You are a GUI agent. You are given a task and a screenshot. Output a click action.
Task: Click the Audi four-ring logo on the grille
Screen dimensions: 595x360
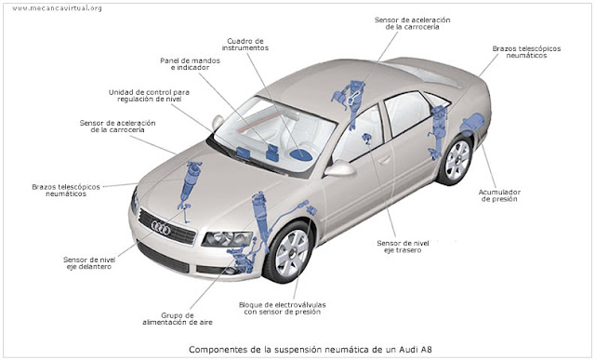point(161,228)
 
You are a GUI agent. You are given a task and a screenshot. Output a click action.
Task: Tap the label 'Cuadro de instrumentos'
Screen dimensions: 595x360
point(245,45)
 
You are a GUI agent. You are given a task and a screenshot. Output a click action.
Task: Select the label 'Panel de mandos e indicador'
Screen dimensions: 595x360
point(190,64)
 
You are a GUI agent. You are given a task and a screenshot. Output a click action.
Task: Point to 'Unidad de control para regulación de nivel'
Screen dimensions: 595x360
point(149,95)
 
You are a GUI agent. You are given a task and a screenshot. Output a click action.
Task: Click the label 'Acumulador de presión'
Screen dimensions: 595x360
point(499,195)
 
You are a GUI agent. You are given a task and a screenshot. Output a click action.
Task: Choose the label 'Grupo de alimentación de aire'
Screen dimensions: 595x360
point(178,319)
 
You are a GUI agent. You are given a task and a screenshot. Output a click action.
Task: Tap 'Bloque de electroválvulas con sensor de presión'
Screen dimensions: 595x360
point(282,308)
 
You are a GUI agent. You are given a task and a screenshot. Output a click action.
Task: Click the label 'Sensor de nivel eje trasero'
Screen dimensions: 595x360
point(403,247)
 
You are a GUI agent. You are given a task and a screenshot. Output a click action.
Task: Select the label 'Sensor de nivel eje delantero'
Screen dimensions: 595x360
point(89,262)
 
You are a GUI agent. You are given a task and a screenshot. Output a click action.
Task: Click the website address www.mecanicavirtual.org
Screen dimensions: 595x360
point(57,8)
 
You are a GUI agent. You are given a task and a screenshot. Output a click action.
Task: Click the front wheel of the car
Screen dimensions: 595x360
point(290,252)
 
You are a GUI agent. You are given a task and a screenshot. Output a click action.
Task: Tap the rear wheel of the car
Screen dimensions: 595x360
point(456,159)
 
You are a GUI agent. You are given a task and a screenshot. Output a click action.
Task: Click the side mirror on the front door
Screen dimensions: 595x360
point(339,168)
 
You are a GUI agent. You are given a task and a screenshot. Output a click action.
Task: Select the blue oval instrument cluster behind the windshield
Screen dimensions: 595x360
point(301,154)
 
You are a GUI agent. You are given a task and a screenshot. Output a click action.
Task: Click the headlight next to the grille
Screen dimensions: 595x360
point(227,239)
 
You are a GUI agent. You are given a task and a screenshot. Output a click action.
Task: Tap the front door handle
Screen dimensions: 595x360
point(384,159)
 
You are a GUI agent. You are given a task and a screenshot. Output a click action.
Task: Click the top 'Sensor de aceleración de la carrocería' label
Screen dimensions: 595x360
point(412,23)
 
